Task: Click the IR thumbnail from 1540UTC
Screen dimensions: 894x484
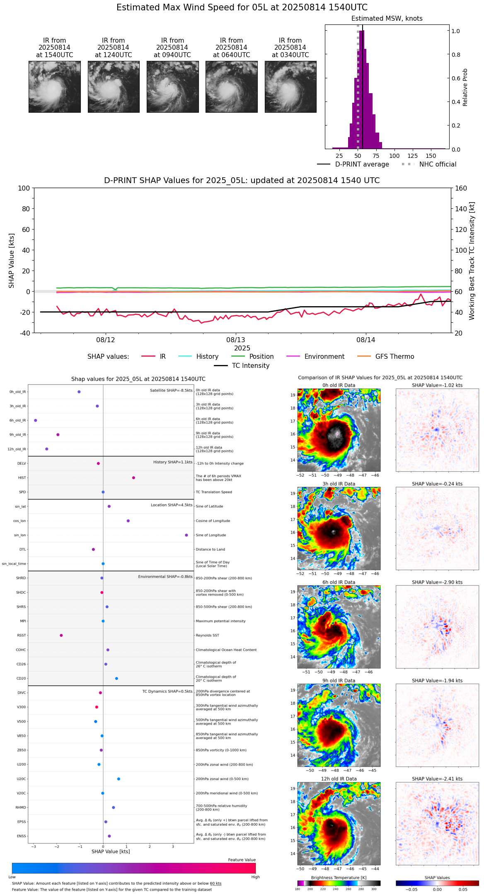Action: [54, 87]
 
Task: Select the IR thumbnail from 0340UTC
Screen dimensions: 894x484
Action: [290, 87]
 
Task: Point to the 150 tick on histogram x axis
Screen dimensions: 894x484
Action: [431, 156]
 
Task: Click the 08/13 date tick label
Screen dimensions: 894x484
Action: [235, 340]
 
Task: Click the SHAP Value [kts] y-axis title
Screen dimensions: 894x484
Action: [12, 261]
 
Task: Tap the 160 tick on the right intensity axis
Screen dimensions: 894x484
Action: [461, 188]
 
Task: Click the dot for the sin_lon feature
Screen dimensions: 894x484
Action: [186, 535]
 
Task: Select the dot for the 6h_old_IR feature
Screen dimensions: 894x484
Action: [36, 420]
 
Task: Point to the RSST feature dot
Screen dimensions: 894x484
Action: [61, 635]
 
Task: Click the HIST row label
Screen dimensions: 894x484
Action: [22, 478]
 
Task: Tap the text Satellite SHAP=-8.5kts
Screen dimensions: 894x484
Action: [171, 391]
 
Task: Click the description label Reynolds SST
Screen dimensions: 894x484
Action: [207, 635]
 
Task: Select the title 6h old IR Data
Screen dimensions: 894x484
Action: [339, 582]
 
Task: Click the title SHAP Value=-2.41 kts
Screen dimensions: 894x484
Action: [437, 779]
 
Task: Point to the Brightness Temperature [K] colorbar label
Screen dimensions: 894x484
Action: [339, 878]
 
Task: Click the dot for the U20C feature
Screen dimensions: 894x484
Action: [119, 779]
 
